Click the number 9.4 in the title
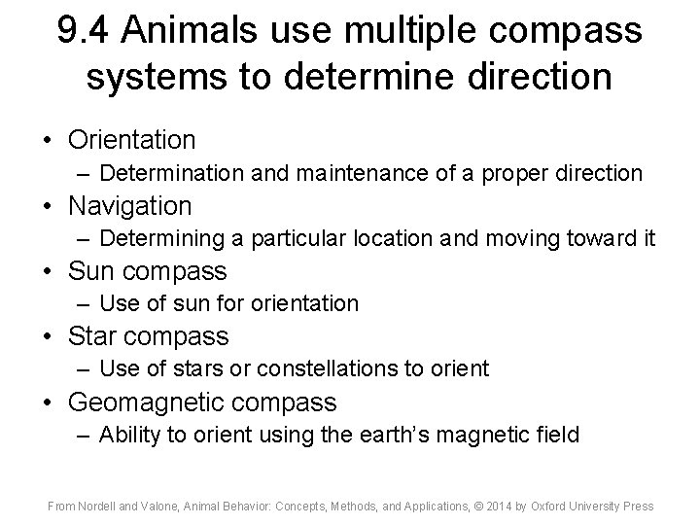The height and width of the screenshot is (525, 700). (86, 32)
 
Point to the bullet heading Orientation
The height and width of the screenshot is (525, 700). (131, 140)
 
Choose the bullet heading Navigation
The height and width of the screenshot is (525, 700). (129, 206)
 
